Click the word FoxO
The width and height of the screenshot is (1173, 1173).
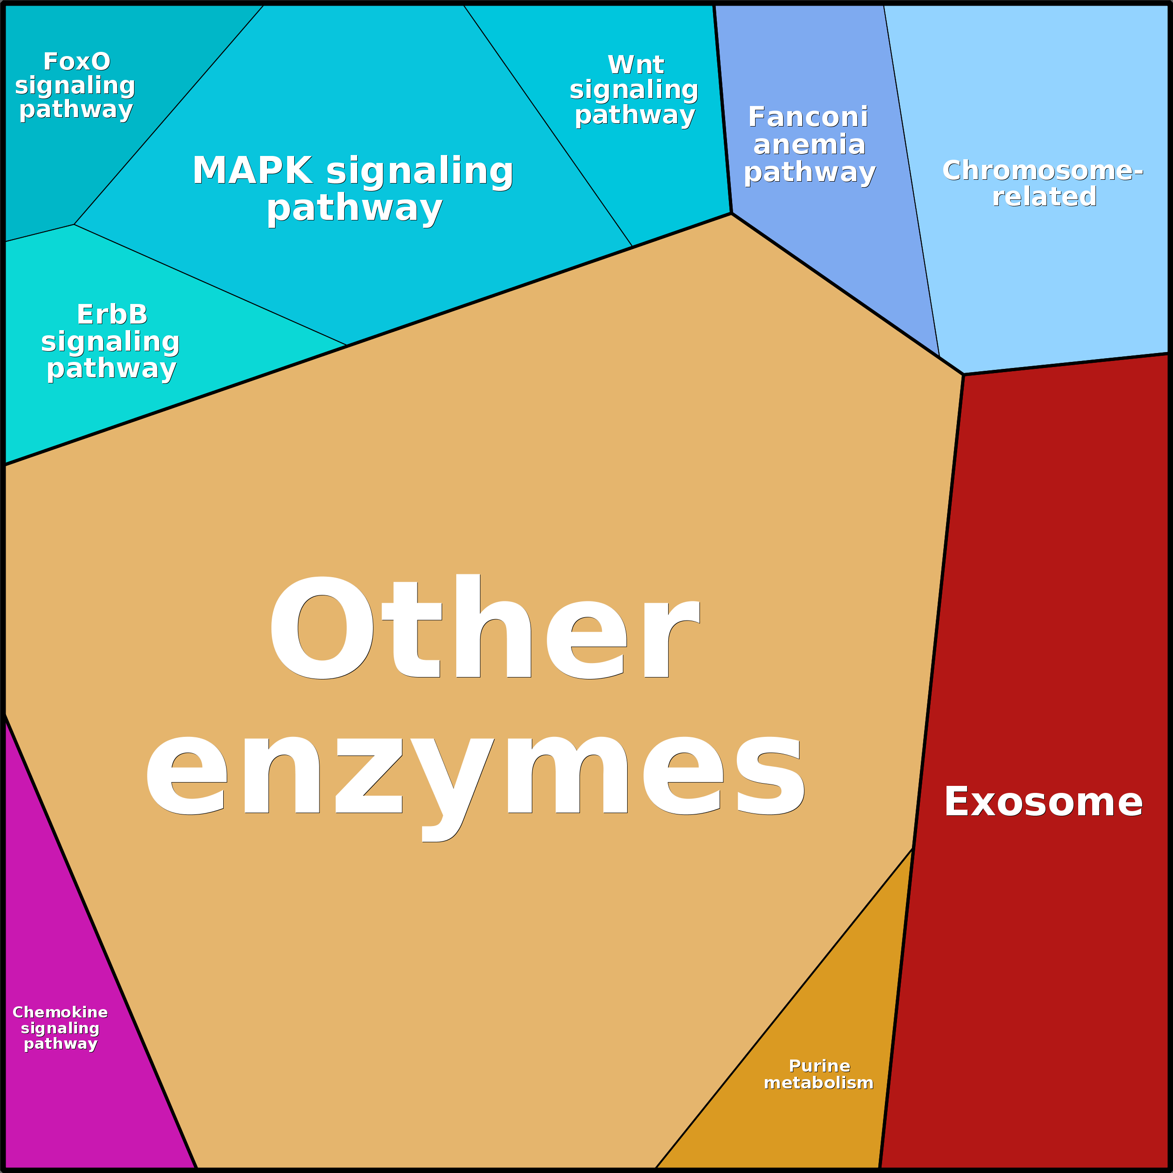[77, 61]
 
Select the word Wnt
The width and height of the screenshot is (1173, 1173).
[636, 64]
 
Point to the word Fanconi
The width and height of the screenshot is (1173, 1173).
[807, 117]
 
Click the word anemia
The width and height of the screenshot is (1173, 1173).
[809, 144]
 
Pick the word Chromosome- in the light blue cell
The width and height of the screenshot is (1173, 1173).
[1042, 170]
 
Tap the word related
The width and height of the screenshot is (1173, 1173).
[1044, 196]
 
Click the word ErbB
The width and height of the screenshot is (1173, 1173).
[112, 315]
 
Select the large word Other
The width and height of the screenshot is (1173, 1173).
[483, 627]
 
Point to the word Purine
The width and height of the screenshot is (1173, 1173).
[819, 1065]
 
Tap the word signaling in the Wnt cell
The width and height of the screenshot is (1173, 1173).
[634, 90]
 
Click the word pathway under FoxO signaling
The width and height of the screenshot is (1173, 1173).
[76, 109]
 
